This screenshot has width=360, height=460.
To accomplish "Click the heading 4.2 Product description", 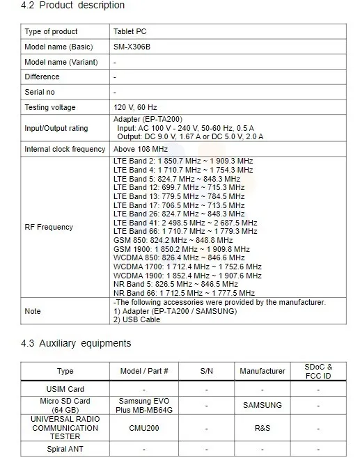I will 73,6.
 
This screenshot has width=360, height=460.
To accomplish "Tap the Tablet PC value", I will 130,32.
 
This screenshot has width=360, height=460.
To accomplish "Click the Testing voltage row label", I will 50,108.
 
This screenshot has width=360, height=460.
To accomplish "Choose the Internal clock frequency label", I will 65,150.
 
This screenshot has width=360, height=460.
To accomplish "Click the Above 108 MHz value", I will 141,150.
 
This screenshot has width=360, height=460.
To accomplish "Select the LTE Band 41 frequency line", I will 185,223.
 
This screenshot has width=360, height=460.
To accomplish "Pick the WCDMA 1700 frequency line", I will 187,267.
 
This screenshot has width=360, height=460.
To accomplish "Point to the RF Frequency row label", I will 49,228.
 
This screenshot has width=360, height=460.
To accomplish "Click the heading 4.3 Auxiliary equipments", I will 76,344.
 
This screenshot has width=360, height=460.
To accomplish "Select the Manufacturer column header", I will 263,372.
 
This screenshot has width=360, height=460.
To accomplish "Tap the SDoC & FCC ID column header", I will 318,372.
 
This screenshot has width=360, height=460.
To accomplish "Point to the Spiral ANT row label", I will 65,449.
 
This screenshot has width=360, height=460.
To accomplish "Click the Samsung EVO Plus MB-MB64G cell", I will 144,404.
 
